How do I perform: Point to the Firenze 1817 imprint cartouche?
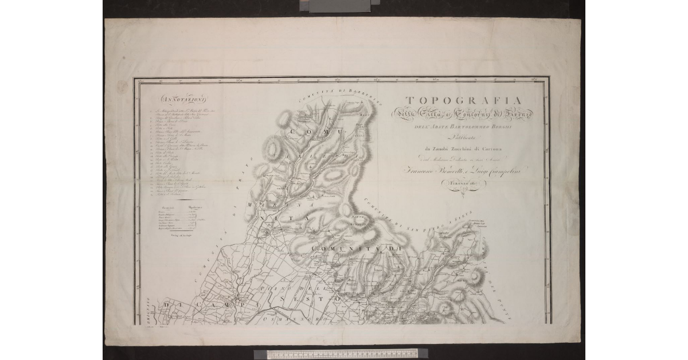pyautogui.click(x=462, y=184)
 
